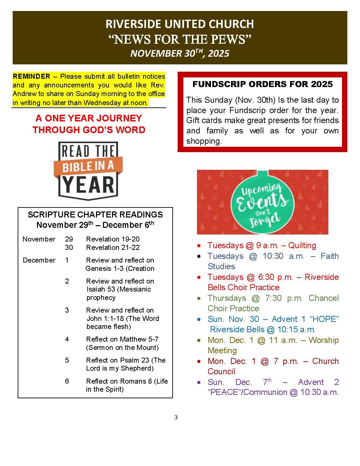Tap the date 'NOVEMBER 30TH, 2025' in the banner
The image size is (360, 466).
coord(180,53)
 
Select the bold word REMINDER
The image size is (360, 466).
coord(31,76)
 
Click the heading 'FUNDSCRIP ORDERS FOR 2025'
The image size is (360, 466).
coord(262,84)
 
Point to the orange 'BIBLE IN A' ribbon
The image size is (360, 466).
coord(88,166)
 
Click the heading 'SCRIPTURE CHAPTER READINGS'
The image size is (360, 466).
coord(95,214)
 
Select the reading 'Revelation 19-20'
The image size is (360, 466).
coord(113,239)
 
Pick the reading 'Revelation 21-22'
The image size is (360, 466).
coord(113,248)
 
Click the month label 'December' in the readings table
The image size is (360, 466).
coord(39,260)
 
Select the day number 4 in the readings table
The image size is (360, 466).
coord(67,339)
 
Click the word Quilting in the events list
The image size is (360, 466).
coord(302,246)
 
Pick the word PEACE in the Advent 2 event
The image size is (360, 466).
coord(224,392)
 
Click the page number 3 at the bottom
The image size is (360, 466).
coord(176,417)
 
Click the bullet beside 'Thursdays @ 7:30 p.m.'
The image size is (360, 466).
coord(199,298)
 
